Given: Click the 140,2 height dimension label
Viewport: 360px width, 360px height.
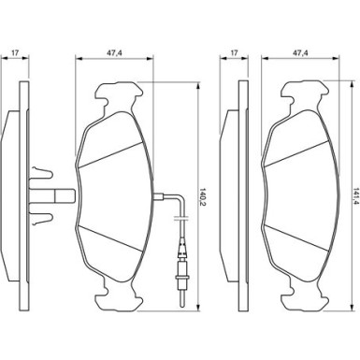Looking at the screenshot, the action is tap(203, 195).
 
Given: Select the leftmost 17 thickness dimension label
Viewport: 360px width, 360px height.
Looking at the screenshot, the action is tap(15, 53).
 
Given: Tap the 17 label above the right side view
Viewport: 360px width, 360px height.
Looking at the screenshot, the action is tap(235, 53).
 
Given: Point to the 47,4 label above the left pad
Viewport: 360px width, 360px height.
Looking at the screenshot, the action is tap(114, 53).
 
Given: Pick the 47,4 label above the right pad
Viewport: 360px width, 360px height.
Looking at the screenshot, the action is tap(300, 53).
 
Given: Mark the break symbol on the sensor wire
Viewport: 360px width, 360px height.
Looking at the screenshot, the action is tap(181, 217).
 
